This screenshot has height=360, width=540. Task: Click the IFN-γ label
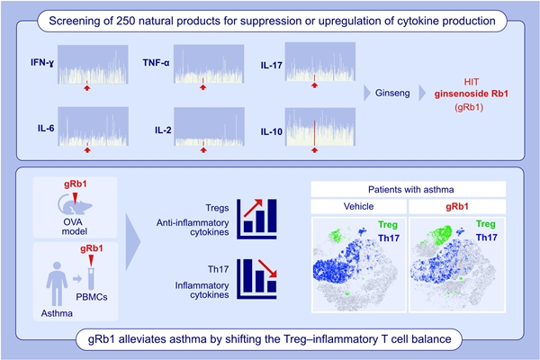pos(42,64)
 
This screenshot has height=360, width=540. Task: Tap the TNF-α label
pos(157,64)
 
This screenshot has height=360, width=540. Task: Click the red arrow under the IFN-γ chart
pos(86,87)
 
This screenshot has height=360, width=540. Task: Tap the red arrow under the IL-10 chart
pos(314,150)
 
